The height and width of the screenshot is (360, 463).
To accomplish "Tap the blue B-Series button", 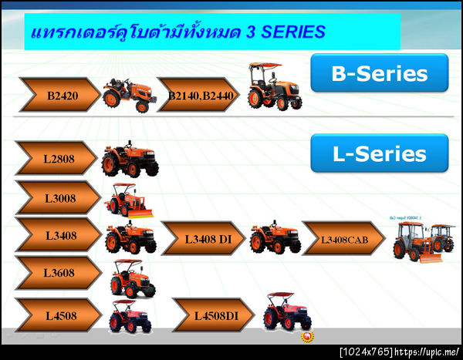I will pyautogui.click(x=379, y=73).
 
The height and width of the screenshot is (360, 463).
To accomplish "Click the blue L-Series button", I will pyautogui.click(x=379, y=153).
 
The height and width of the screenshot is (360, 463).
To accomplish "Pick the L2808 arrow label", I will pyautogui.click(x=57, y=159).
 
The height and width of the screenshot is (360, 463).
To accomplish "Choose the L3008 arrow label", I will pyautogui.click(x=57, y=198).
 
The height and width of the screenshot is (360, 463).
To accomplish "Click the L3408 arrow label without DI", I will pyautogui.click(x=57, y=236).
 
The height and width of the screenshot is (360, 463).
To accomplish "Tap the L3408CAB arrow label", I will pyautogui.click(x=343, y=238).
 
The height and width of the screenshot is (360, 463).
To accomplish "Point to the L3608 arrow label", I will pyautogui.click(x=57, y=273).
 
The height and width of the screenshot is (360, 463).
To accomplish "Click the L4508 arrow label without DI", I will pyautogui.click(x=57, y=315).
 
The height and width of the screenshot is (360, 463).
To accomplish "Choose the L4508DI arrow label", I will pyautogui.click(x=214, y=315).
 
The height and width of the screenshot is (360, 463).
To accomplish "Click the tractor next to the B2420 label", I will pyautogui.click(x=130, y=94).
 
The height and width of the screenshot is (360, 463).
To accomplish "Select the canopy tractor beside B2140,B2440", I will pyautogui.click(x=274, y=87).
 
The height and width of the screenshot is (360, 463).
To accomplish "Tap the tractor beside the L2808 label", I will pyautogui.click(x=129, y=160).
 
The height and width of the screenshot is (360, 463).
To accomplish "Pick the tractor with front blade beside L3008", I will pyautogui.click(x=129, y=200).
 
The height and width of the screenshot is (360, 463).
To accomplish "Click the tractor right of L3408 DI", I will pyautogui.click(x=275, y=237).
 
